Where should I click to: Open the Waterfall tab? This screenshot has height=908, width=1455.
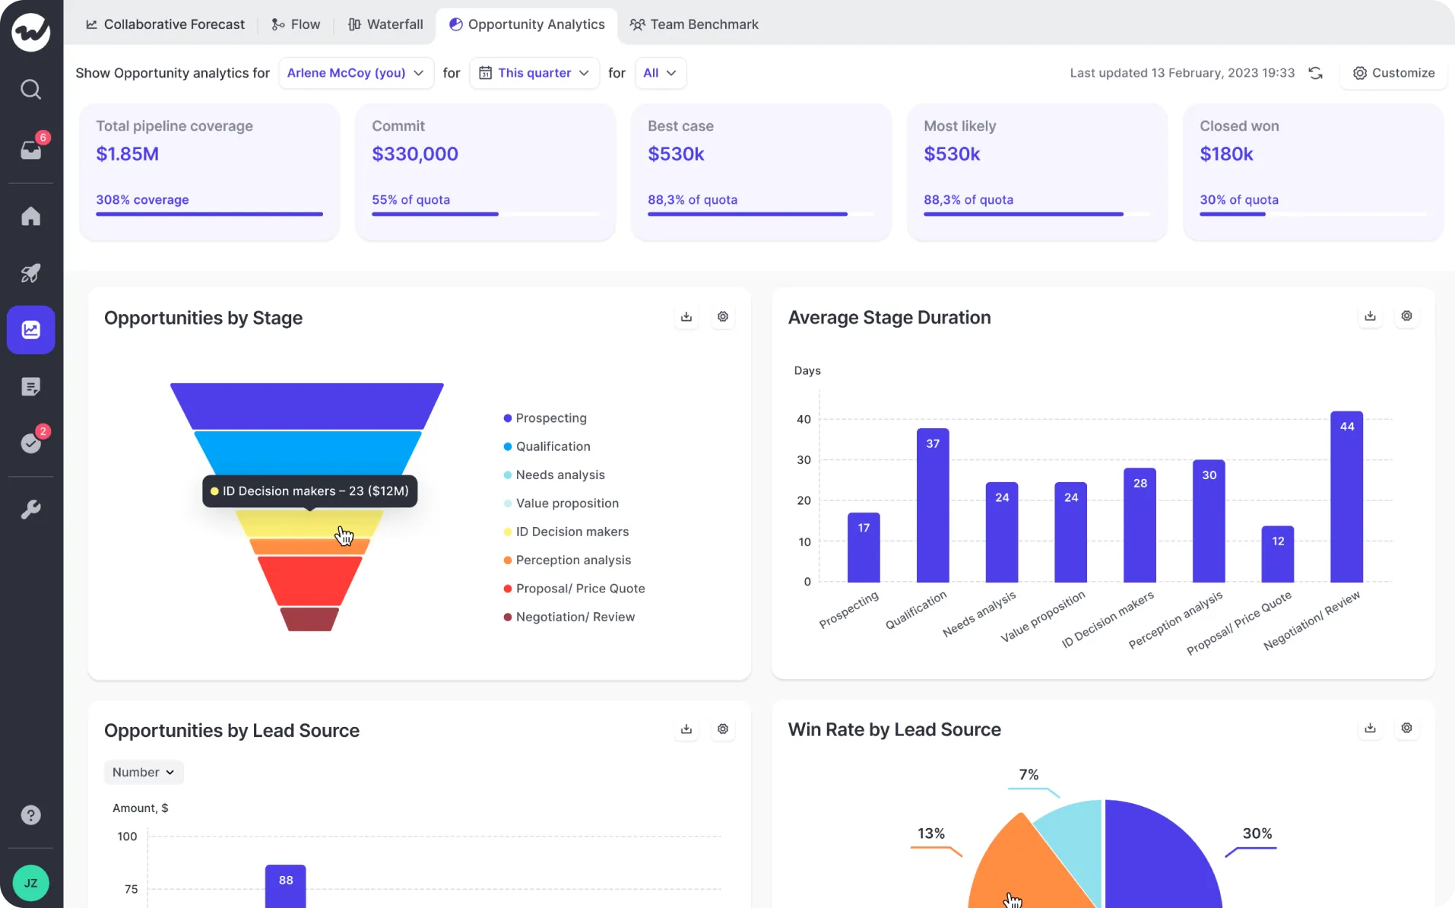click(x=385, y=24)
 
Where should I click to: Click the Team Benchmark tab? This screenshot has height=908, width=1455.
click(x=694, y=24)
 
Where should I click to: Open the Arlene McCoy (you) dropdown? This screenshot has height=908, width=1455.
click(x=355, y=73)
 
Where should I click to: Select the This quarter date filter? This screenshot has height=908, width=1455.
click(x=534, y=73)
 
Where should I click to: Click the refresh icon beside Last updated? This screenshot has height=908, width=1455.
click(x=1315, y=73)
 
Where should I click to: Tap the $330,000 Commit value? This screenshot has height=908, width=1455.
click(x=414, y=154)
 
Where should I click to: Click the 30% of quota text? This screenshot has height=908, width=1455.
click(x=1238, y=199)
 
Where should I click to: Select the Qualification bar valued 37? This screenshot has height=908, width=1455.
click(x=932, y=506)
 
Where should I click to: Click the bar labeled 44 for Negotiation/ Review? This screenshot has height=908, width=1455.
click(x=1346, y=498)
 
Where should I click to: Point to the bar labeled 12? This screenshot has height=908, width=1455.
click(x=1277, y=554)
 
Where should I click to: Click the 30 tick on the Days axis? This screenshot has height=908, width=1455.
click(x=804, y=459)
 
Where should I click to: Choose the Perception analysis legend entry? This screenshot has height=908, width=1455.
click(x=573, y=560)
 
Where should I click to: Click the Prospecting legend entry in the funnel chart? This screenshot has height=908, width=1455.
click(x=550, y=417)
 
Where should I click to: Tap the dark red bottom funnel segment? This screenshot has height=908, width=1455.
click(x=309, y=619)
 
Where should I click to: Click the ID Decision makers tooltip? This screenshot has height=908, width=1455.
click(x=309, y=491)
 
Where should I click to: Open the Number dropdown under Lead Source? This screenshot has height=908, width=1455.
click(x=144, y=772)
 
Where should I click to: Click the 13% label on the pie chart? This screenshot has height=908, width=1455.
click(x=930, y=833)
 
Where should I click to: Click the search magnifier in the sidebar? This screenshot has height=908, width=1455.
click(x=30, y=90)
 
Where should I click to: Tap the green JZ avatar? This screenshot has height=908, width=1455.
click(x=30, y=883)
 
